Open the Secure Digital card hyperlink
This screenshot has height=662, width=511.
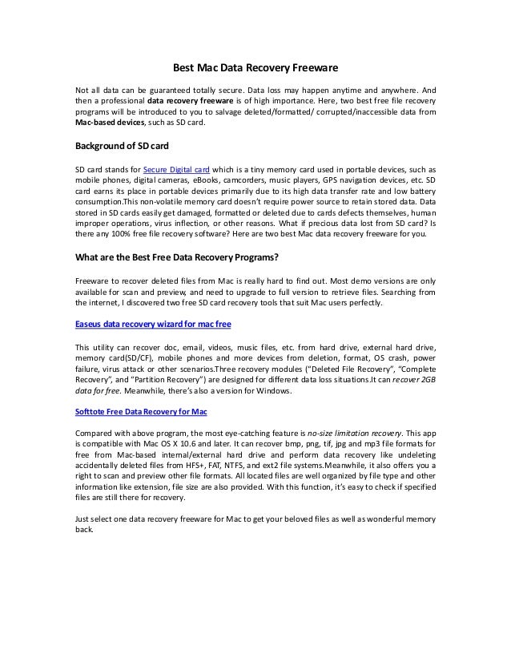click(x=175, y=171)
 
